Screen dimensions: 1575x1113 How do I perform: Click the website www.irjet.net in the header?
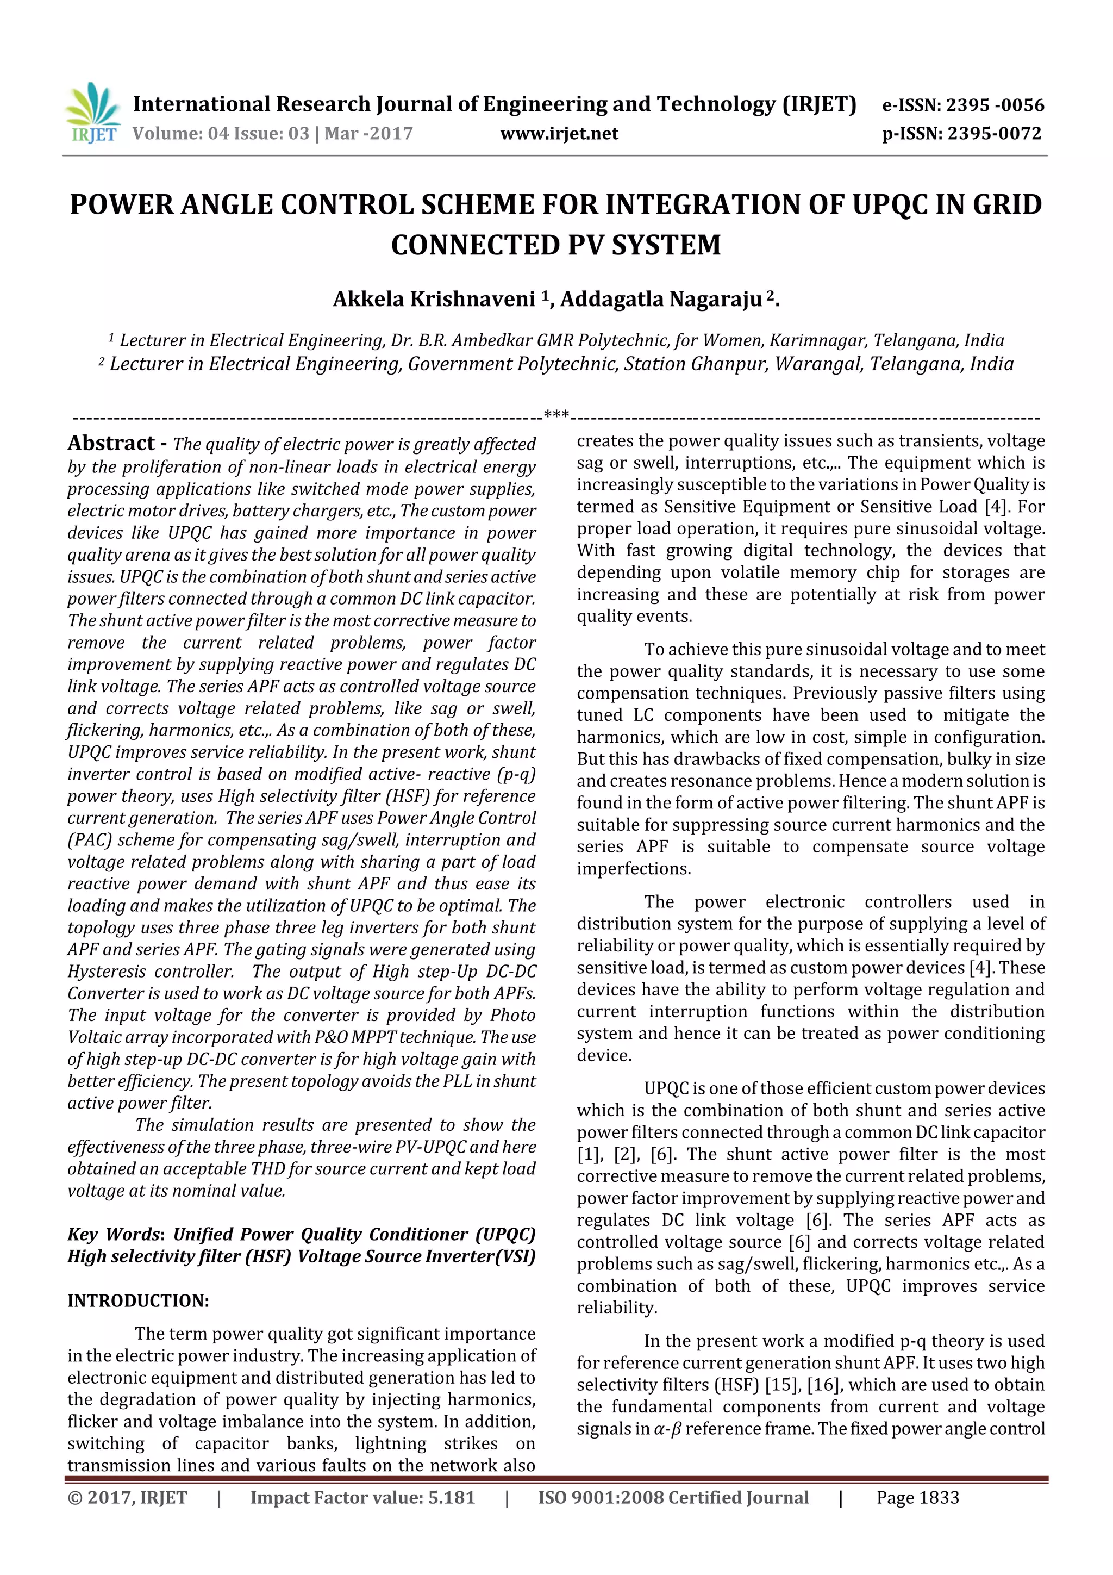point(559,134)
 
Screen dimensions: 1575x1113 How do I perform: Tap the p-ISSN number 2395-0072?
point(995,134)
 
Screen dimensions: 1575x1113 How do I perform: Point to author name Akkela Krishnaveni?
point(434,300)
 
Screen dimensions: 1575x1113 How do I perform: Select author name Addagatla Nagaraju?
point(661,300)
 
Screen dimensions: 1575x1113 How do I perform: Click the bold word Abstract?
point(111,444)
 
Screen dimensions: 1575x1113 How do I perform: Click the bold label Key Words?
point(114,1234)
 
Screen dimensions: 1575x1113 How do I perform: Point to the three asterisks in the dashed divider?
point(556,415)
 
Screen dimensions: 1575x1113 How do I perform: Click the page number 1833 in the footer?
point(937,1497)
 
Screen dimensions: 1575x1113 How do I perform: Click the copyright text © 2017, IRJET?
point(127,1497)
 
